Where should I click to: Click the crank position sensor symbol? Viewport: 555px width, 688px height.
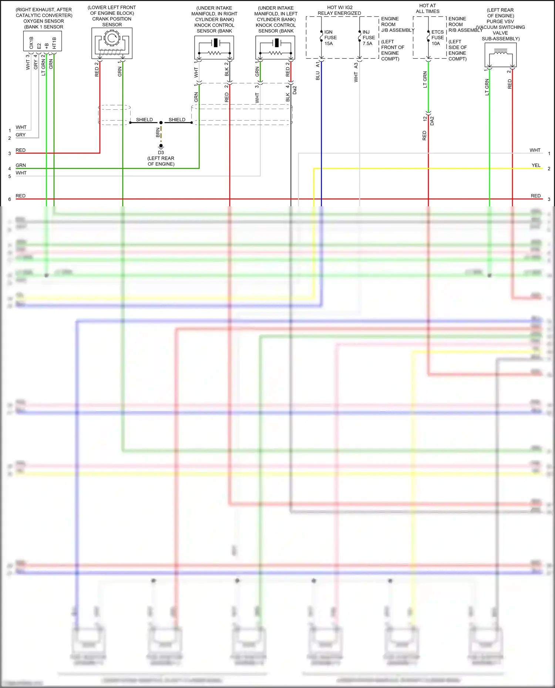(x=112, y=43)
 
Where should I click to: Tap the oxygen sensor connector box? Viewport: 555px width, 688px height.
(x=43, y=41)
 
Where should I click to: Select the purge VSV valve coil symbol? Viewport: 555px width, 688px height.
(x=500, y=55)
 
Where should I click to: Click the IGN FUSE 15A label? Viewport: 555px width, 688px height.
(x=330, y=38)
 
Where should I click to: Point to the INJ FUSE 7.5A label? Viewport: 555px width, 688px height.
(x=369, y=38)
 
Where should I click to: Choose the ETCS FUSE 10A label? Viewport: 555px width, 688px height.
(x=437, y=38)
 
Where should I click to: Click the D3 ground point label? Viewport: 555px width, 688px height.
(x=161, y=152)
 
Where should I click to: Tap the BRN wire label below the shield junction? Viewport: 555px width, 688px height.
(x=158, y=132)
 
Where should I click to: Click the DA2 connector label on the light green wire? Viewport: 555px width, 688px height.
(x=432, y=121)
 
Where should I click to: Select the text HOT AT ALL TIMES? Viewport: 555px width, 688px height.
(x=427, y=9)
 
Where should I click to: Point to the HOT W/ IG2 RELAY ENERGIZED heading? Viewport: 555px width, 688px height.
(x=339, y=10)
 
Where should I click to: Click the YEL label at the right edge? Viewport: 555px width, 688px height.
(x=536, y=165)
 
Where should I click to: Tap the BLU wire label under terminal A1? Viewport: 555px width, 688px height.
(x=317, y=76)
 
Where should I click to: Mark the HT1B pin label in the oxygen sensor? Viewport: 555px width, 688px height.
(x=54, y=43)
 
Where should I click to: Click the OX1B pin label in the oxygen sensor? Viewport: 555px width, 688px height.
(x=31, y=43)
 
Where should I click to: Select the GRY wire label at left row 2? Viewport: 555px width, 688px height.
(x=21, y=135)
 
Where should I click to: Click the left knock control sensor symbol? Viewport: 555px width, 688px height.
(x=275, y=47)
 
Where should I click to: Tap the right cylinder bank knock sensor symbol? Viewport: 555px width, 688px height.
(x=214, y=47)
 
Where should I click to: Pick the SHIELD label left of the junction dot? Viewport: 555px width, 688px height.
(x=144, y=120)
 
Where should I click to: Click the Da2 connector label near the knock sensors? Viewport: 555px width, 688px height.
(x=295, y=90)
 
